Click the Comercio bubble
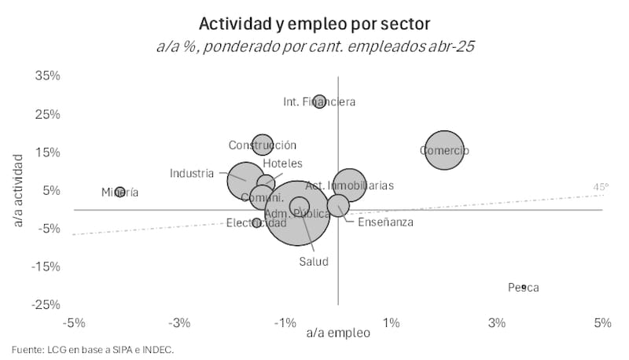click(x=444, y=150)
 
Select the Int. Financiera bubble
click(x=319, y=101)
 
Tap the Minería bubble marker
click(x=120, y=192)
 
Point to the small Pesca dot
click(x=523, y=288)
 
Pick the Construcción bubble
click(x=262, y=145)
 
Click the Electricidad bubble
click(x=256, y=223)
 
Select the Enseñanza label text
click(x=385, y=222)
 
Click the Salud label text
click(x=313, y=262)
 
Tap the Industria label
click(x=192, y=173)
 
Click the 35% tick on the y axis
click(x=48, y=76)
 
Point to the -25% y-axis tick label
click(x=46, y=305)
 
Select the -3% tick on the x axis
click(x=180, y=323)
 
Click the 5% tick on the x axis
click(x=602, y=323)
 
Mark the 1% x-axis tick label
click(x=391, y=323)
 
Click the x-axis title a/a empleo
click(x=338, y=334)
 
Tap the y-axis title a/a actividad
click(x=18, y=191)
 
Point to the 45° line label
click(x=601, y=187)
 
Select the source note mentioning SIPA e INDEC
click(x=93, y=350)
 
